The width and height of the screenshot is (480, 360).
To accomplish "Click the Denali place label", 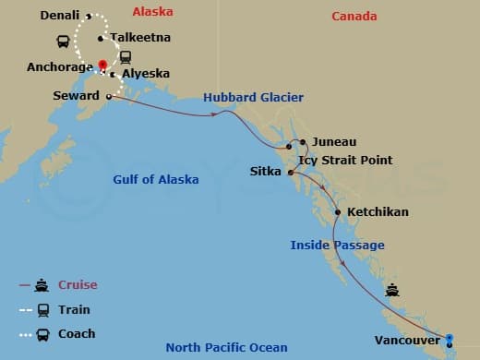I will pos(60,16).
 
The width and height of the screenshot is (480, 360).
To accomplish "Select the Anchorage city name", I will pos(60,66).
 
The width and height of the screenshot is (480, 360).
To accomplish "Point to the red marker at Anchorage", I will pos(102,64).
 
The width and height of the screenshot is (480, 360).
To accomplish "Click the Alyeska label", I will pos(145,74).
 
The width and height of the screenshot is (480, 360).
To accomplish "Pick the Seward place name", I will pos(77,96).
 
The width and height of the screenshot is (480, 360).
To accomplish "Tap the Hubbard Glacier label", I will pos(254,98).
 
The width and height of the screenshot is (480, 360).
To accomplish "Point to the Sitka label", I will pos(266,172).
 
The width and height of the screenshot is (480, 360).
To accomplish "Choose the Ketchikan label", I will pos(378,211).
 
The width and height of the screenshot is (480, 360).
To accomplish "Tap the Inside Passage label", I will pos(337,245).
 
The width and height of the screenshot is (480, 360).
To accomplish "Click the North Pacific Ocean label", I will pos(226,347).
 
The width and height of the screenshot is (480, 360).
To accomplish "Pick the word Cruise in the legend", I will pos(78,285).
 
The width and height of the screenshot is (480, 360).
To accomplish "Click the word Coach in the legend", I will pos(77,333).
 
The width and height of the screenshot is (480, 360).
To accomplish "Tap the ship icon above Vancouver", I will pos(393,289).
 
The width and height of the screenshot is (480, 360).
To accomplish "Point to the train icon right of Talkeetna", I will pos(125,56).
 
